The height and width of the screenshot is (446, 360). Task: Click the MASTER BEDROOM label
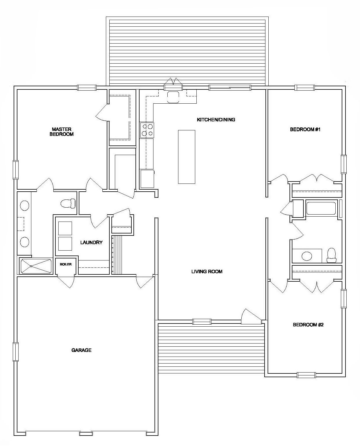(61, 132)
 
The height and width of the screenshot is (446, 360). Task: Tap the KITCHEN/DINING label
(216, 120)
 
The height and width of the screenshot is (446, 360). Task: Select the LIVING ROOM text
(207, 271)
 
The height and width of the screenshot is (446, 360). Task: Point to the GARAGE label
(82, 350)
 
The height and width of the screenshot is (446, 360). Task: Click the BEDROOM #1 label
(305, 130)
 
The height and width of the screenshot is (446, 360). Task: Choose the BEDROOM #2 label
(308, 325)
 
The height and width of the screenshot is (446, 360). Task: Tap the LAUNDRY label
(91, 242)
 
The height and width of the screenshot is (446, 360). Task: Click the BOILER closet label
(66, 264)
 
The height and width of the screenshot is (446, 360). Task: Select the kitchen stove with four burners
(147, 130)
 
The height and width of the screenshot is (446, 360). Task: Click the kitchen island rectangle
(187, 157)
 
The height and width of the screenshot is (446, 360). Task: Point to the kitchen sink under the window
(173, 97)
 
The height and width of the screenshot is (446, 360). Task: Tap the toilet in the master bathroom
(68, 203)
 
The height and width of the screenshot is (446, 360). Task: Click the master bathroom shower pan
(36, 266)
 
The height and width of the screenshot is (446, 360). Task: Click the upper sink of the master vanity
(24, 205)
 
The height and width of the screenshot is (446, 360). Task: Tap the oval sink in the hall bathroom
(307, 256)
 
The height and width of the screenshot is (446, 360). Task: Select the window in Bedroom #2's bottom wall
(306, 375)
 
